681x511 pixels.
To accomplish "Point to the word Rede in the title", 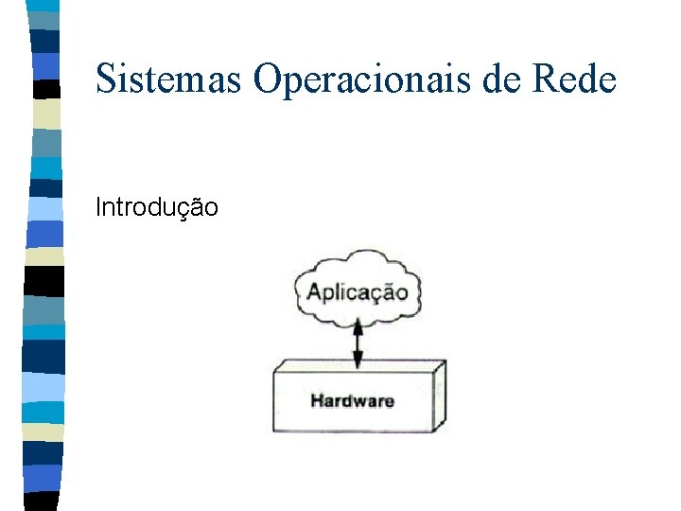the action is point(574,79).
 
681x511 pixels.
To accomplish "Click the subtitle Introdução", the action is point(157,206).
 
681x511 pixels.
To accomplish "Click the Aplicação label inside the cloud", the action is point(358,292).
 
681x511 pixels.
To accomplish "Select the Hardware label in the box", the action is point(352,401).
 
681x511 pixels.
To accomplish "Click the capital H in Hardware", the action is point(317,401).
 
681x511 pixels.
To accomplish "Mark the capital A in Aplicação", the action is point(315,291).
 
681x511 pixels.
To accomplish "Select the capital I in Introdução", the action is point(98,206).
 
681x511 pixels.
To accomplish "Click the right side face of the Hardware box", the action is point(439,396).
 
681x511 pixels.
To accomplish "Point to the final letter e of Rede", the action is point(606,82).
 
